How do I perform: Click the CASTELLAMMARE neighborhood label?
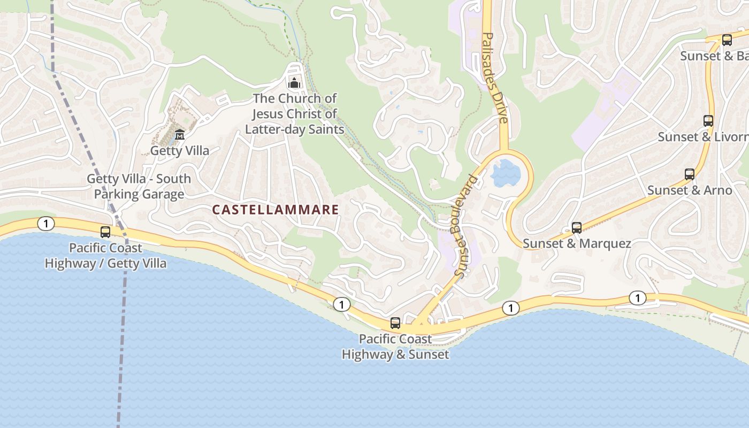(x=276, y=210)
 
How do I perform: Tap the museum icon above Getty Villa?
(x=180, y=134)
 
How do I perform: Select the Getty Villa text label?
(x=180, y=151)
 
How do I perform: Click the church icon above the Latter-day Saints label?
(x=294, y=83)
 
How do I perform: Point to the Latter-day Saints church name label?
(x=295, y=114)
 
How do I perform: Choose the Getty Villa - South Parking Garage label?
(x=139, y=186)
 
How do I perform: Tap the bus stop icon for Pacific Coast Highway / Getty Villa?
(x=105, y=232)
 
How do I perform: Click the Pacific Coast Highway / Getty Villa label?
(x=105, y=256)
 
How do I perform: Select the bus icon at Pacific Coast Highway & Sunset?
(x=395, y=323)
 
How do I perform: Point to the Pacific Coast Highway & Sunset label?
(x=395, y=347)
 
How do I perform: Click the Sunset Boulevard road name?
(x=464, y=225)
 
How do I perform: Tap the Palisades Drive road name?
(x=494, y=78)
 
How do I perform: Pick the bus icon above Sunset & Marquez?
(x=576, y=228)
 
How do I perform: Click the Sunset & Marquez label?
(x=577, y=244)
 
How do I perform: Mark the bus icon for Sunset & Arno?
(x=690, y=174)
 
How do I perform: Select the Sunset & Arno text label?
(x=690, y=190)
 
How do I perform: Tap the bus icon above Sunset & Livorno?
(x=708, y=121)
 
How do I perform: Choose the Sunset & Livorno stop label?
(x=703, y=137)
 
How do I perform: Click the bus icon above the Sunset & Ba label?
(x=727, y=40)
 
